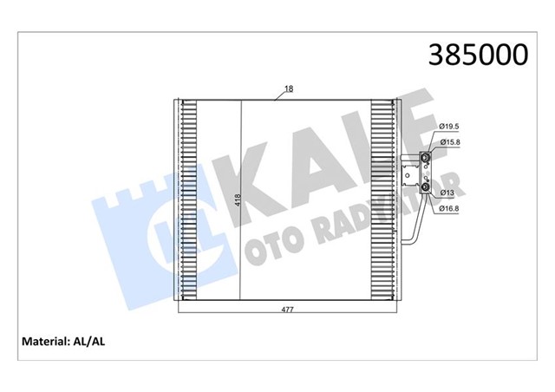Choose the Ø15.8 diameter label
pyautogui.click(x=448, y=143)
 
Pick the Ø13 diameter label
pyautogui.click(x=447, y=193)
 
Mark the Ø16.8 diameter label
pyautogui.click(x=448, y=208)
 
